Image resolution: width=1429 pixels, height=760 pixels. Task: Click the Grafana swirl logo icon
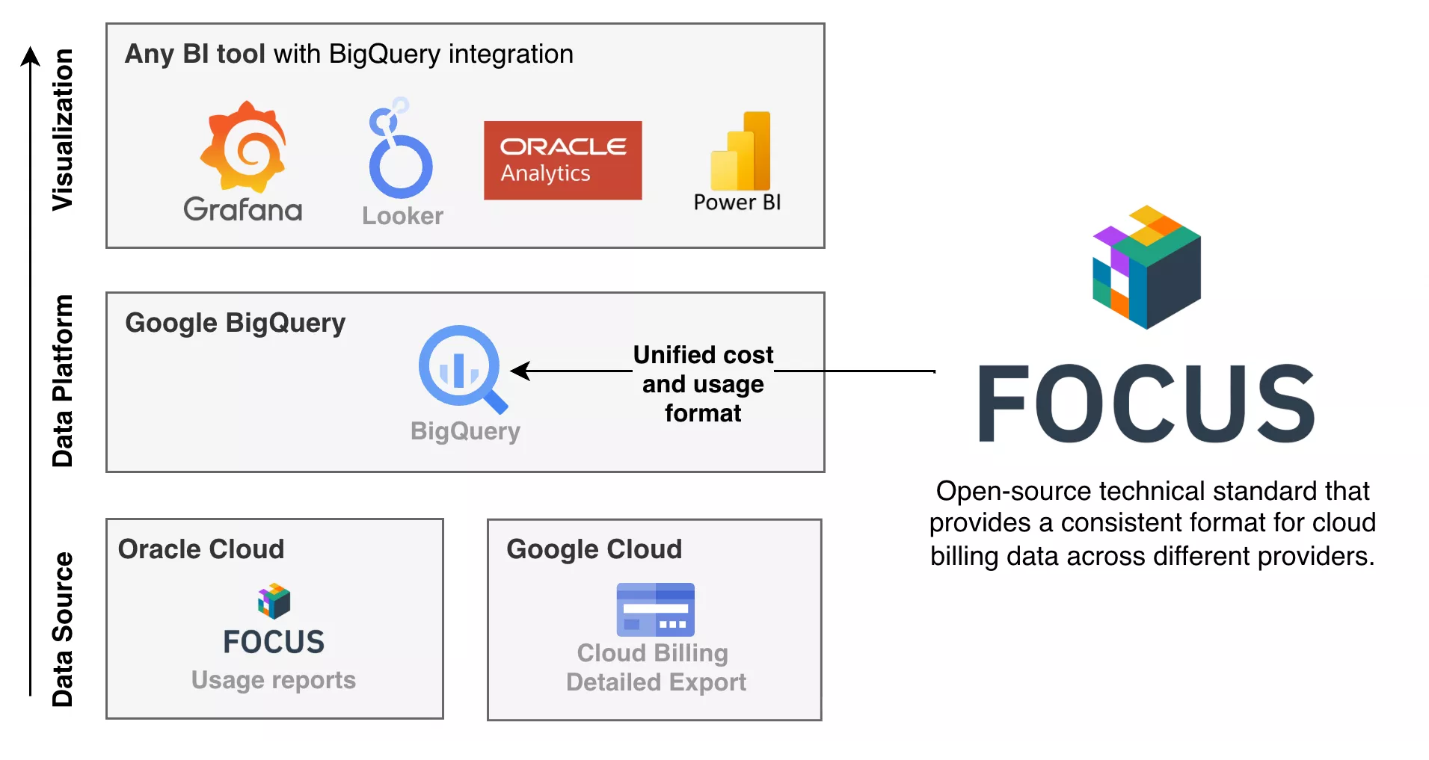click(243, 147)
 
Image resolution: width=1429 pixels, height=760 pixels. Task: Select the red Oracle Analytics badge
click(562, 160)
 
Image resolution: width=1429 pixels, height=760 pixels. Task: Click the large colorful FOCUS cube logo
click(1146, 267)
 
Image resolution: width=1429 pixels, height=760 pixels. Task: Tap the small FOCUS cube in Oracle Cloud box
click(274, 601)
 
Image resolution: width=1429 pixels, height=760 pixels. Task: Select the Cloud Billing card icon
click(655, 609)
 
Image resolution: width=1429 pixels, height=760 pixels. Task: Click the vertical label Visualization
click(63, 129)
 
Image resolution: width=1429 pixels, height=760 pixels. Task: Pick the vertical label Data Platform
click(63, 381)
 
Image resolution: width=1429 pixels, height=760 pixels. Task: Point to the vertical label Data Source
click(63, 629)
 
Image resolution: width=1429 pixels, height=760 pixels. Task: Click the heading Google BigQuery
click(235, 323)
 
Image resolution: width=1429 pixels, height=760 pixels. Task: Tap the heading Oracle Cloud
click(201, 549)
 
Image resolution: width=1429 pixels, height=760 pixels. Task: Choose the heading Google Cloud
click(594, 549)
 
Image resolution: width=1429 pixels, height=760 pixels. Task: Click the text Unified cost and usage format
click(703, 383)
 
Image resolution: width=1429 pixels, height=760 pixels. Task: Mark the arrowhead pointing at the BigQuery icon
click(520, 371)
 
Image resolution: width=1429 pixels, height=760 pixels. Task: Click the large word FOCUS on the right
click(1146, 404)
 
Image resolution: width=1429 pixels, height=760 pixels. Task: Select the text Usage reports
click(274, 680)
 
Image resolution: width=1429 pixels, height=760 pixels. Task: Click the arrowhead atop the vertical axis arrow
click(30, 56)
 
